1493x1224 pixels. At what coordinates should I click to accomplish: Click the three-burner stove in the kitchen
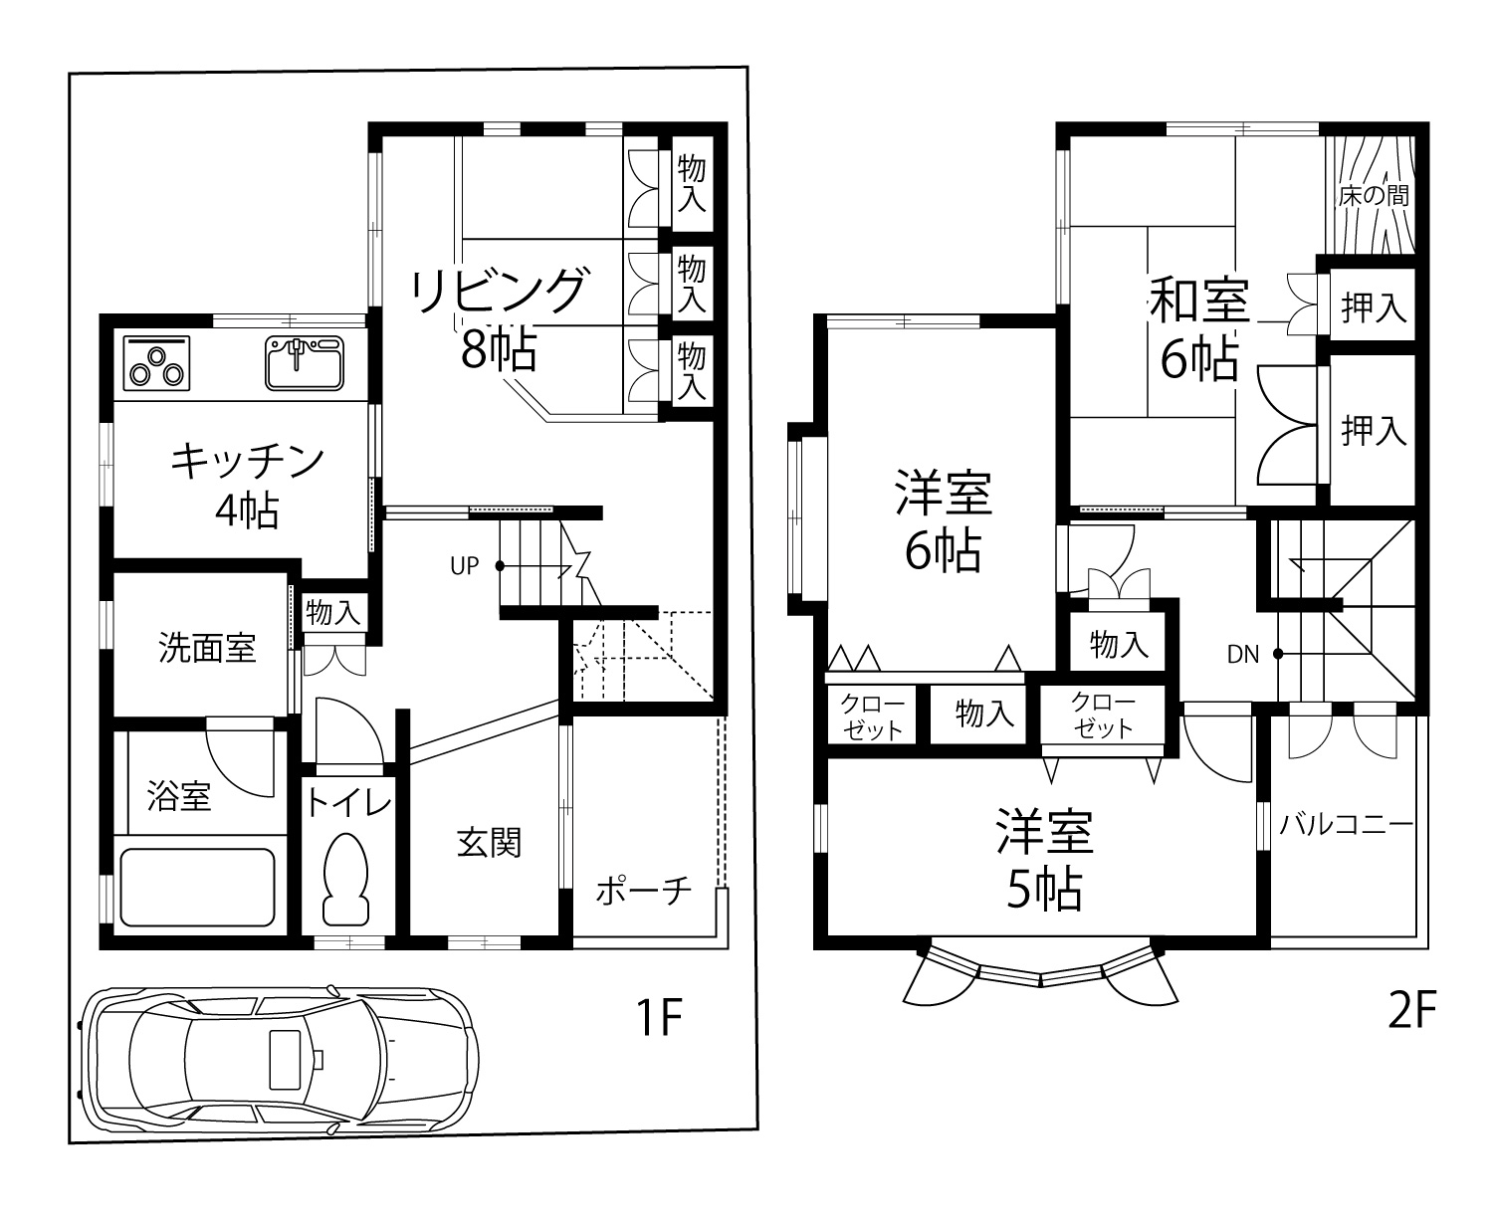click(157, 363)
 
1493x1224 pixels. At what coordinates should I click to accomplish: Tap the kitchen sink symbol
click(304, 363)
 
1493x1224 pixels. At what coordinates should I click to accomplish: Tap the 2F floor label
click(1413, 1013)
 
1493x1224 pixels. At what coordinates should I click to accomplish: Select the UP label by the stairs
click(465, 566)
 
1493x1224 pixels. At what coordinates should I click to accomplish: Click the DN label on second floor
click(1242, 655)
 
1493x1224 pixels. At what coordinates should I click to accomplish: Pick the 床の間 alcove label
click(1374, 196)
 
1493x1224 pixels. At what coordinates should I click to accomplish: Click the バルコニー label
click(1346, 825)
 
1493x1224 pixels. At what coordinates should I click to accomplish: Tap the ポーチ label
click(643, 891)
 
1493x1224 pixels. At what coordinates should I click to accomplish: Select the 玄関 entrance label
click(489, 844)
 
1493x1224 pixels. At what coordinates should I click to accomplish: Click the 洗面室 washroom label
click(207, 648)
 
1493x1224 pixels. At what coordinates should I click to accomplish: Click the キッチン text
click(248, 462)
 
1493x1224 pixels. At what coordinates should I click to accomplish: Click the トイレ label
click(347, 802)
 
